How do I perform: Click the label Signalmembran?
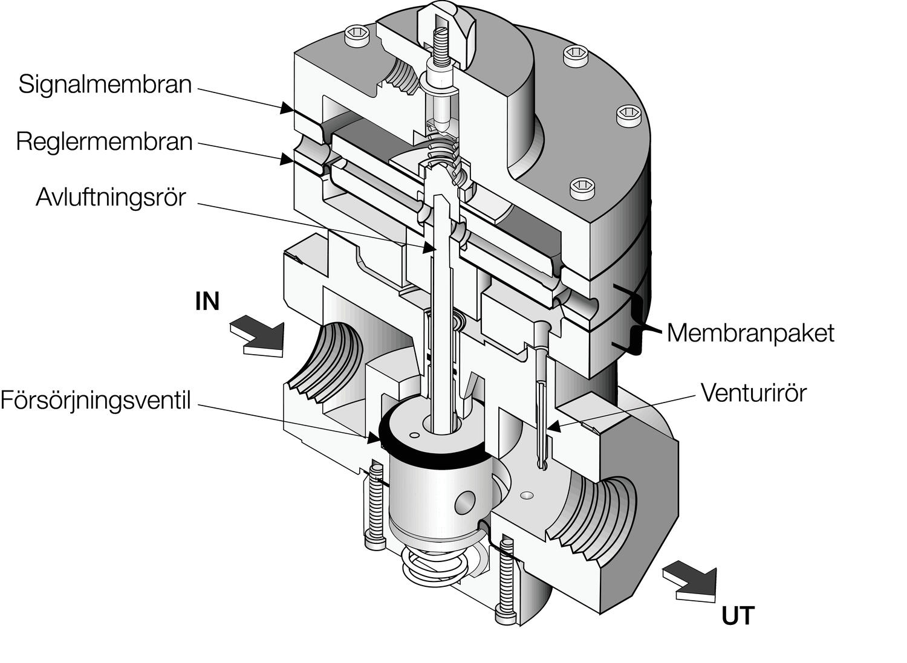(x=105, y=84)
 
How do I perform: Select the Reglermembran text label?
(x=104, y=141)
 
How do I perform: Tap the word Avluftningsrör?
(x=111, y=197)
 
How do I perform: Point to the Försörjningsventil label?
(x=96, y=400)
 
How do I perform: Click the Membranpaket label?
(x=750, y=332)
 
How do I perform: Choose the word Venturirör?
(x=753, y=393)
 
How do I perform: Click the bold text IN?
(x=207, y=301)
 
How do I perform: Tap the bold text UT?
(x=738, y=616)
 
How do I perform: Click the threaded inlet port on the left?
(x=327, y=363)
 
